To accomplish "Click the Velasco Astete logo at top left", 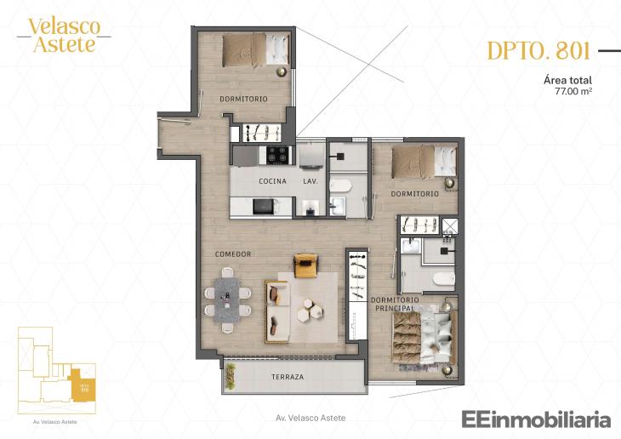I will [x=64, y=35].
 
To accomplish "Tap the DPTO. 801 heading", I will [x=538, y=51].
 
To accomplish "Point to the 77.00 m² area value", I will [x=573, y=90].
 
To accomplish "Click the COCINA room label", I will [x=272, y=182].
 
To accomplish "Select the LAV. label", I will [x=310, y=182].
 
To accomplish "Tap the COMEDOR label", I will [x=232, y=254].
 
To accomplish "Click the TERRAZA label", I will [x=288, y=376].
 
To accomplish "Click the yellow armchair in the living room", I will [x=305, y=265].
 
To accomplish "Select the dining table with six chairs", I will [x=228, y=298].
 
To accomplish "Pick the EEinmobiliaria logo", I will [x=536, y=419].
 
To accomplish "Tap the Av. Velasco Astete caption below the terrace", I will [x=311, y=418].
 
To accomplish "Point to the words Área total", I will [x=567, y=79].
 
